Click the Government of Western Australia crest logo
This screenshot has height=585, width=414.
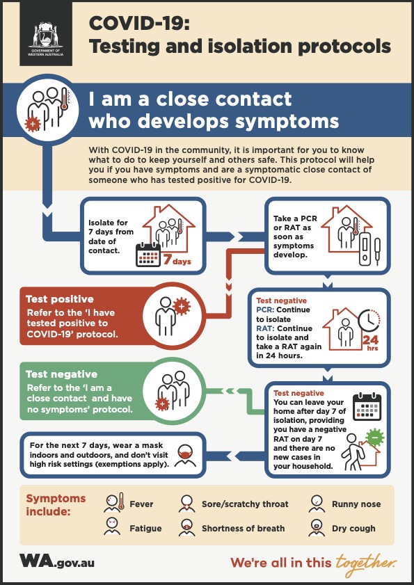(x=46, y=39)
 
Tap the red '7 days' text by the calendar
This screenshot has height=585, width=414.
(x=177, y=260)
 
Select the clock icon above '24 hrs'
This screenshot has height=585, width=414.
(x=369, y=321)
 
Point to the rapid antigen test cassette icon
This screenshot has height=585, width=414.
(x=365, y=249)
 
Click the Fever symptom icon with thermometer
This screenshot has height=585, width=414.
(x=114, y=502)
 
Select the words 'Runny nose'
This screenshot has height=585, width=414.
(x=356, y=504)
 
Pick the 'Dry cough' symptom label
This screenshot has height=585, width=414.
(x=353, y=528)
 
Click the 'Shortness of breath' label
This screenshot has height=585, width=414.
(x=243, y=528)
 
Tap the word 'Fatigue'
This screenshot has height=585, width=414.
(x=145, y=528)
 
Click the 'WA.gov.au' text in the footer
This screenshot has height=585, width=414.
(x=57, y=561)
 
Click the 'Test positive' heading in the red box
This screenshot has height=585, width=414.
(x=60, y=299)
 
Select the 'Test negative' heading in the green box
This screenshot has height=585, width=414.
(x=62, y=374)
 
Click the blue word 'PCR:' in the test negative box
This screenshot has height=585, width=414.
(x=265, y=310)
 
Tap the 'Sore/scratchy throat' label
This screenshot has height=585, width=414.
(x=245, y=504)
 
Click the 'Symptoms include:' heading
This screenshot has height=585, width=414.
(x=56, y=504)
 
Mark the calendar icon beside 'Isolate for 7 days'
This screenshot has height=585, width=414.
(x=148, y=255)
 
